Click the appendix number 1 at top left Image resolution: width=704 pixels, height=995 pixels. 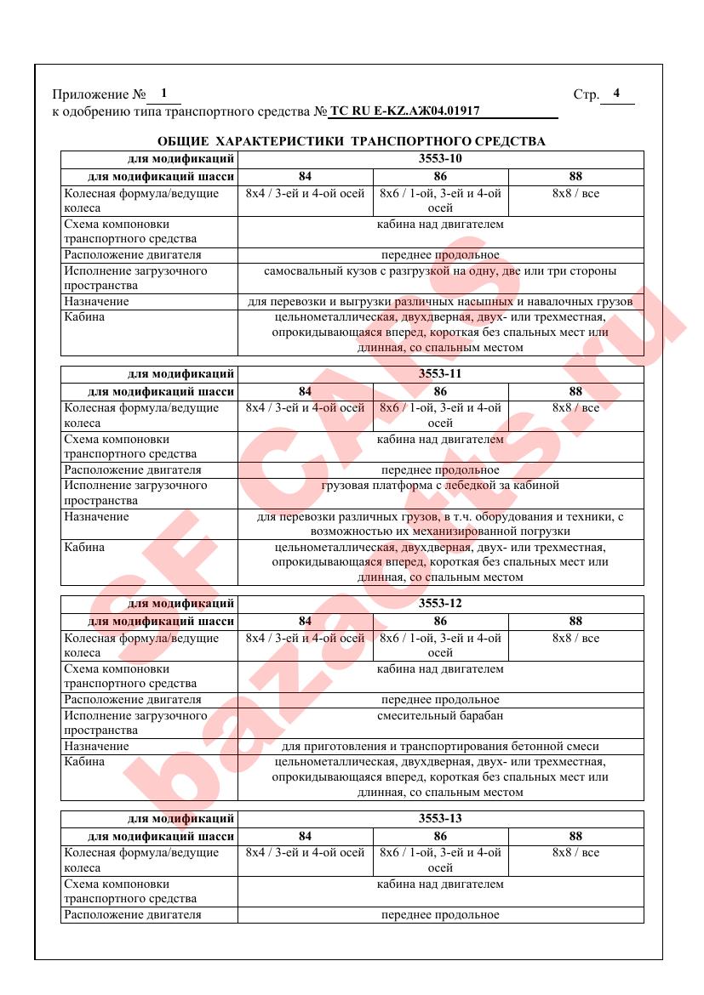(x=163, y=93)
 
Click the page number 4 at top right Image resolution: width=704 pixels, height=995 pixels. (x=616, y=93)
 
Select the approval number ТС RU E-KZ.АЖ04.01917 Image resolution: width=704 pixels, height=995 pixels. (x=404, y=111)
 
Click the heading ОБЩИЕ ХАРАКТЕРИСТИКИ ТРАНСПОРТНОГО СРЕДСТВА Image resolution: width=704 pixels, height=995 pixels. (x=352, y=141)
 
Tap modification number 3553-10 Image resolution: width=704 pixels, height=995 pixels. (x=440, y=159)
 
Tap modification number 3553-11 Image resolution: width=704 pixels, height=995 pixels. (x=440, y=374)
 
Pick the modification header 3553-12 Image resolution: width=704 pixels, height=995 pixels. (x=440, y=604)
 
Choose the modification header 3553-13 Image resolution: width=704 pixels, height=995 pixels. (x=440, y=819)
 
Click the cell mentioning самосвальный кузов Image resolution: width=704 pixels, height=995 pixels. (x=440, y=271)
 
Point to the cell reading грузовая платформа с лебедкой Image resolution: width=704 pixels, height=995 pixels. (x=440, y=486)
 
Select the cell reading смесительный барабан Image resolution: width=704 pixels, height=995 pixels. (x=440, y=715)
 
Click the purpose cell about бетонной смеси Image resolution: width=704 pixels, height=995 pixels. (x=440, y=746)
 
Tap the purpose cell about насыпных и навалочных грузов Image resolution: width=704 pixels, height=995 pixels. (x=440, y=302)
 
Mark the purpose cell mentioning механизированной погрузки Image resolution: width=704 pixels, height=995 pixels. (x=440, y=524)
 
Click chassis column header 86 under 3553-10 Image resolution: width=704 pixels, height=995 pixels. (x=440, y=177)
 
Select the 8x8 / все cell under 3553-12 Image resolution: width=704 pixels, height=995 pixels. (x=575, y=638)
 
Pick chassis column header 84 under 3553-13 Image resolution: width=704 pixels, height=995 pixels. (x=305, y=837)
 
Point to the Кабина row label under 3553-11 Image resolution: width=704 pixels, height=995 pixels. (x=85, y=547)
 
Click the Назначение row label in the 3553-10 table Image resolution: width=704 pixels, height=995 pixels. (x=97, y=302)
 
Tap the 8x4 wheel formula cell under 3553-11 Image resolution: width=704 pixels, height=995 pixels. (x=305, y=408)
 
